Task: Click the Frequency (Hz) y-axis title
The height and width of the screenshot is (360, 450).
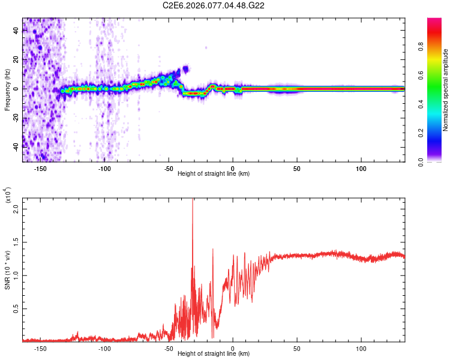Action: tap(7, 90)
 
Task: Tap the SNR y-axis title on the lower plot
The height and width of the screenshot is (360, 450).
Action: tap(8, 269)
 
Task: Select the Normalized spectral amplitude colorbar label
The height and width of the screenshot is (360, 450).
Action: tap(445, 90)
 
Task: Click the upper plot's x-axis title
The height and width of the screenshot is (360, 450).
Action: tap(214, 173)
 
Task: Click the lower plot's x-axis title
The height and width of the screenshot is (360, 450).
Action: tap(214, 353)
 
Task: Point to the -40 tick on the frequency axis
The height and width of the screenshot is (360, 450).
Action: tap(16, 146)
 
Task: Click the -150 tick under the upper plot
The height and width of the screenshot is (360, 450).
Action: tap(40, 168)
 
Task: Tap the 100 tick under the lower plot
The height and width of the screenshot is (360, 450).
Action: tap(361, 348)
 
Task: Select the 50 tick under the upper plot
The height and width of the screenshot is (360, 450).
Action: tap(297, 168)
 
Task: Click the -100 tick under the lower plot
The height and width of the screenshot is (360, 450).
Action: tap(104, 348)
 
